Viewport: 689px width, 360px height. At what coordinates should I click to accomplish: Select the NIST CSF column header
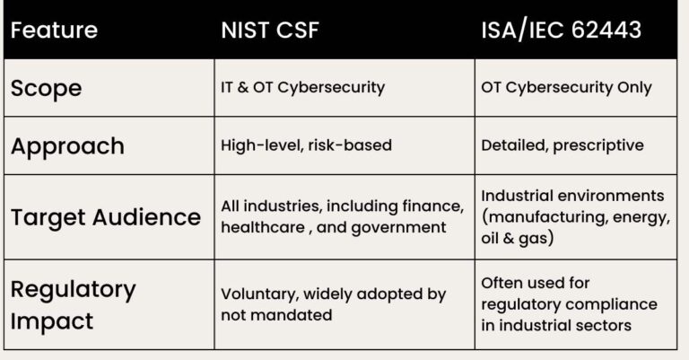pos(269,30)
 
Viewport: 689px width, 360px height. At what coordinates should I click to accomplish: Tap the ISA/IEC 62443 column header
pos(562,30)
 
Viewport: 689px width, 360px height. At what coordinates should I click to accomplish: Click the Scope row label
pos(46,88)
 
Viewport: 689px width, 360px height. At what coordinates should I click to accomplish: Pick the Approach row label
pos(67,145)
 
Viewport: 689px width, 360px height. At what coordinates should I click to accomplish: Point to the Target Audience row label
pos(106,216)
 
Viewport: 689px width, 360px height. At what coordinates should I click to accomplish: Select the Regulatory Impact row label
pos(74,303)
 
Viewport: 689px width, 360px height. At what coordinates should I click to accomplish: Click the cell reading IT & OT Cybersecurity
pos(302,88)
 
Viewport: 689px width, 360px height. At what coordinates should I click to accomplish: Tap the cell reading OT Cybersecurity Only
pos(566,88)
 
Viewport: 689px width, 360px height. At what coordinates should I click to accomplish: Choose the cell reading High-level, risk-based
pos(306,145)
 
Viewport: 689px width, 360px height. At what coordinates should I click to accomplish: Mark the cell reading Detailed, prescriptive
pos(563,145)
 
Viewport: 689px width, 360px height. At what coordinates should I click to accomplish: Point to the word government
pos(402,227)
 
